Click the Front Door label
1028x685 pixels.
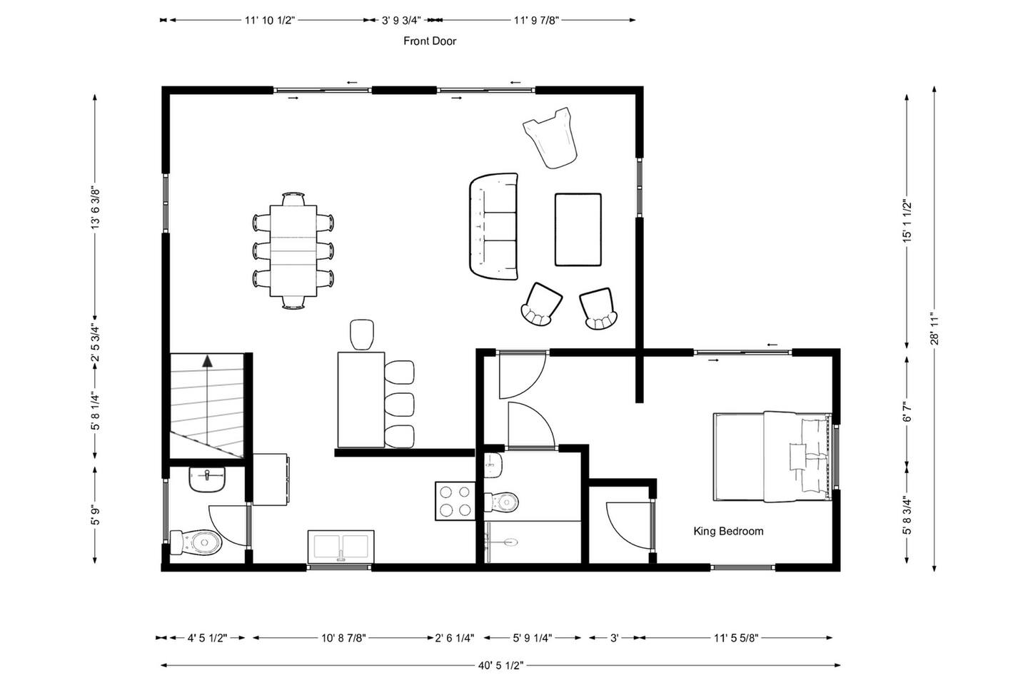tap(430, 41)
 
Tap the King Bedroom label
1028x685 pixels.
tap(728, 532)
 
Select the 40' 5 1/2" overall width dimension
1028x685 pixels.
tap(500, 665)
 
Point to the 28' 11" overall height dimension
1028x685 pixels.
tap(934, 328)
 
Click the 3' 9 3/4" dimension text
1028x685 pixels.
tap(401, 20)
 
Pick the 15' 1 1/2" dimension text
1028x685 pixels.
tap(907, 220)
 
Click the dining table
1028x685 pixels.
tap(293, 250)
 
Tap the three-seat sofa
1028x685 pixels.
tap(494, 226)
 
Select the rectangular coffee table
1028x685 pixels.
tap(578, 230)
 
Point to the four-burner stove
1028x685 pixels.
tap(455, 501)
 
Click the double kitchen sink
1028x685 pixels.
tap(341, 547)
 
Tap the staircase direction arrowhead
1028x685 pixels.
tap(208, 360)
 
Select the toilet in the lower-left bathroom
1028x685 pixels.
tap(196, 543)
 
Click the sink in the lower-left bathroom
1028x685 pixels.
tap(207, 479)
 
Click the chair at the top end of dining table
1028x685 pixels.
tap(293, 198)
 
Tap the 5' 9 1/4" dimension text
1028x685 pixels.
tap(533, 638)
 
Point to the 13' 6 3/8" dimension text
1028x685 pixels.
tap(96, 208)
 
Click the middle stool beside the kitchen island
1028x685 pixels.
tap(399, 404)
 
